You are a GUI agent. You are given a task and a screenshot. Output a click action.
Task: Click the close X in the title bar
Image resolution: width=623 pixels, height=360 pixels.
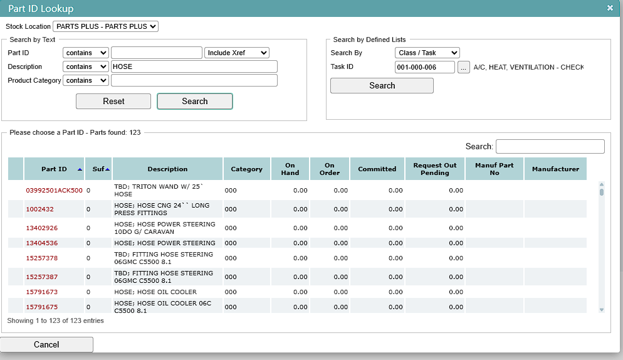click(x=610, y=8)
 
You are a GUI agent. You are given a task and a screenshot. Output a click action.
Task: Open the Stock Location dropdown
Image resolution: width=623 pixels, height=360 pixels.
click(x=106, y=26)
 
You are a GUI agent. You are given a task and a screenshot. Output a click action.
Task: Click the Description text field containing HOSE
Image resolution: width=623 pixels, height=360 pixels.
click(x=194, y=66)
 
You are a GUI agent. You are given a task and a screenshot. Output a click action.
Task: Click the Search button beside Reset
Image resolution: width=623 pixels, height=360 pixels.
click(x=195, y=101)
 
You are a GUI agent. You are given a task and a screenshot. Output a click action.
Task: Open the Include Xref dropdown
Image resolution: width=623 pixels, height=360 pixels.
click(x=237, y=53)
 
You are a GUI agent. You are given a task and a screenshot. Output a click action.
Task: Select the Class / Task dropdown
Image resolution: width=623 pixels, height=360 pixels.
click(x=427, y=53)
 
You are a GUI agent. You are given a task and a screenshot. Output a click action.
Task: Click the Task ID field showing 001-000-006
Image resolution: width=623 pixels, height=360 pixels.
click(x=425, y=67)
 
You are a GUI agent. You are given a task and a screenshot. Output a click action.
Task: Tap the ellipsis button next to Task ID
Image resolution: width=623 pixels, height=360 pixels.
click(x=464, y=67)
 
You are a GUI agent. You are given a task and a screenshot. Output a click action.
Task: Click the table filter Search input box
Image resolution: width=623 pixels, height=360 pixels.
click(x=550, y=146)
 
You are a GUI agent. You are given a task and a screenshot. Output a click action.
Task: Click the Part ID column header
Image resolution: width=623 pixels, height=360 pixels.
click(x=54, y=169)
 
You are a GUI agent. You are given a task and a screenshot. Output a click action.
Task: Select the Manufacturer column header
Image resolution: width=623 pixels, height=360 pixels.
click(x=555, y=169)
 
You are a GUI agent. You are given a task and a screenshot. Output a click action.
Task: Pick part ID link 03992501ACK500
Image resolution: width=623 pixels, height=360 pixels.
click(x=54, y=190)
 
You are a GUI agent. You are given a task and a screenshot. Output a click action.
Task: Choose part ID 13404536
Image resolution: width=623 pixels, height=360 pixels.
click(x=42, y=243)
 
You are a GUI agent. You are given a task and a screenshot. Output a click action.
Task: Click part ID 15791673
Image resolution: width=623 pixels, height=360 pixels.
click(x=42, y=292)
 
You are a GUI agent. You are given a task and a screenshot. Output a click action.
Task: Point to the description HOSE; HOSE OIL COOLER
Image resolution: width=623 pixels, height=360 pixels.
click(x=155, y=292)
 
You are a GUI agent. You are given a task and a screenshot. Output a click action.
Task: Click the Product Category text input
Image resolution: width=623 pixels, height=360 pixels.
click(x=194, y=80)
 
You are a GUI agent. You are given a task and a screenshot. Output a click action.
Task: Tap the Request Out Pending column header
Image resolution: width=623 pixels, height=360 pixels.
click(x=435, y=169)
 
